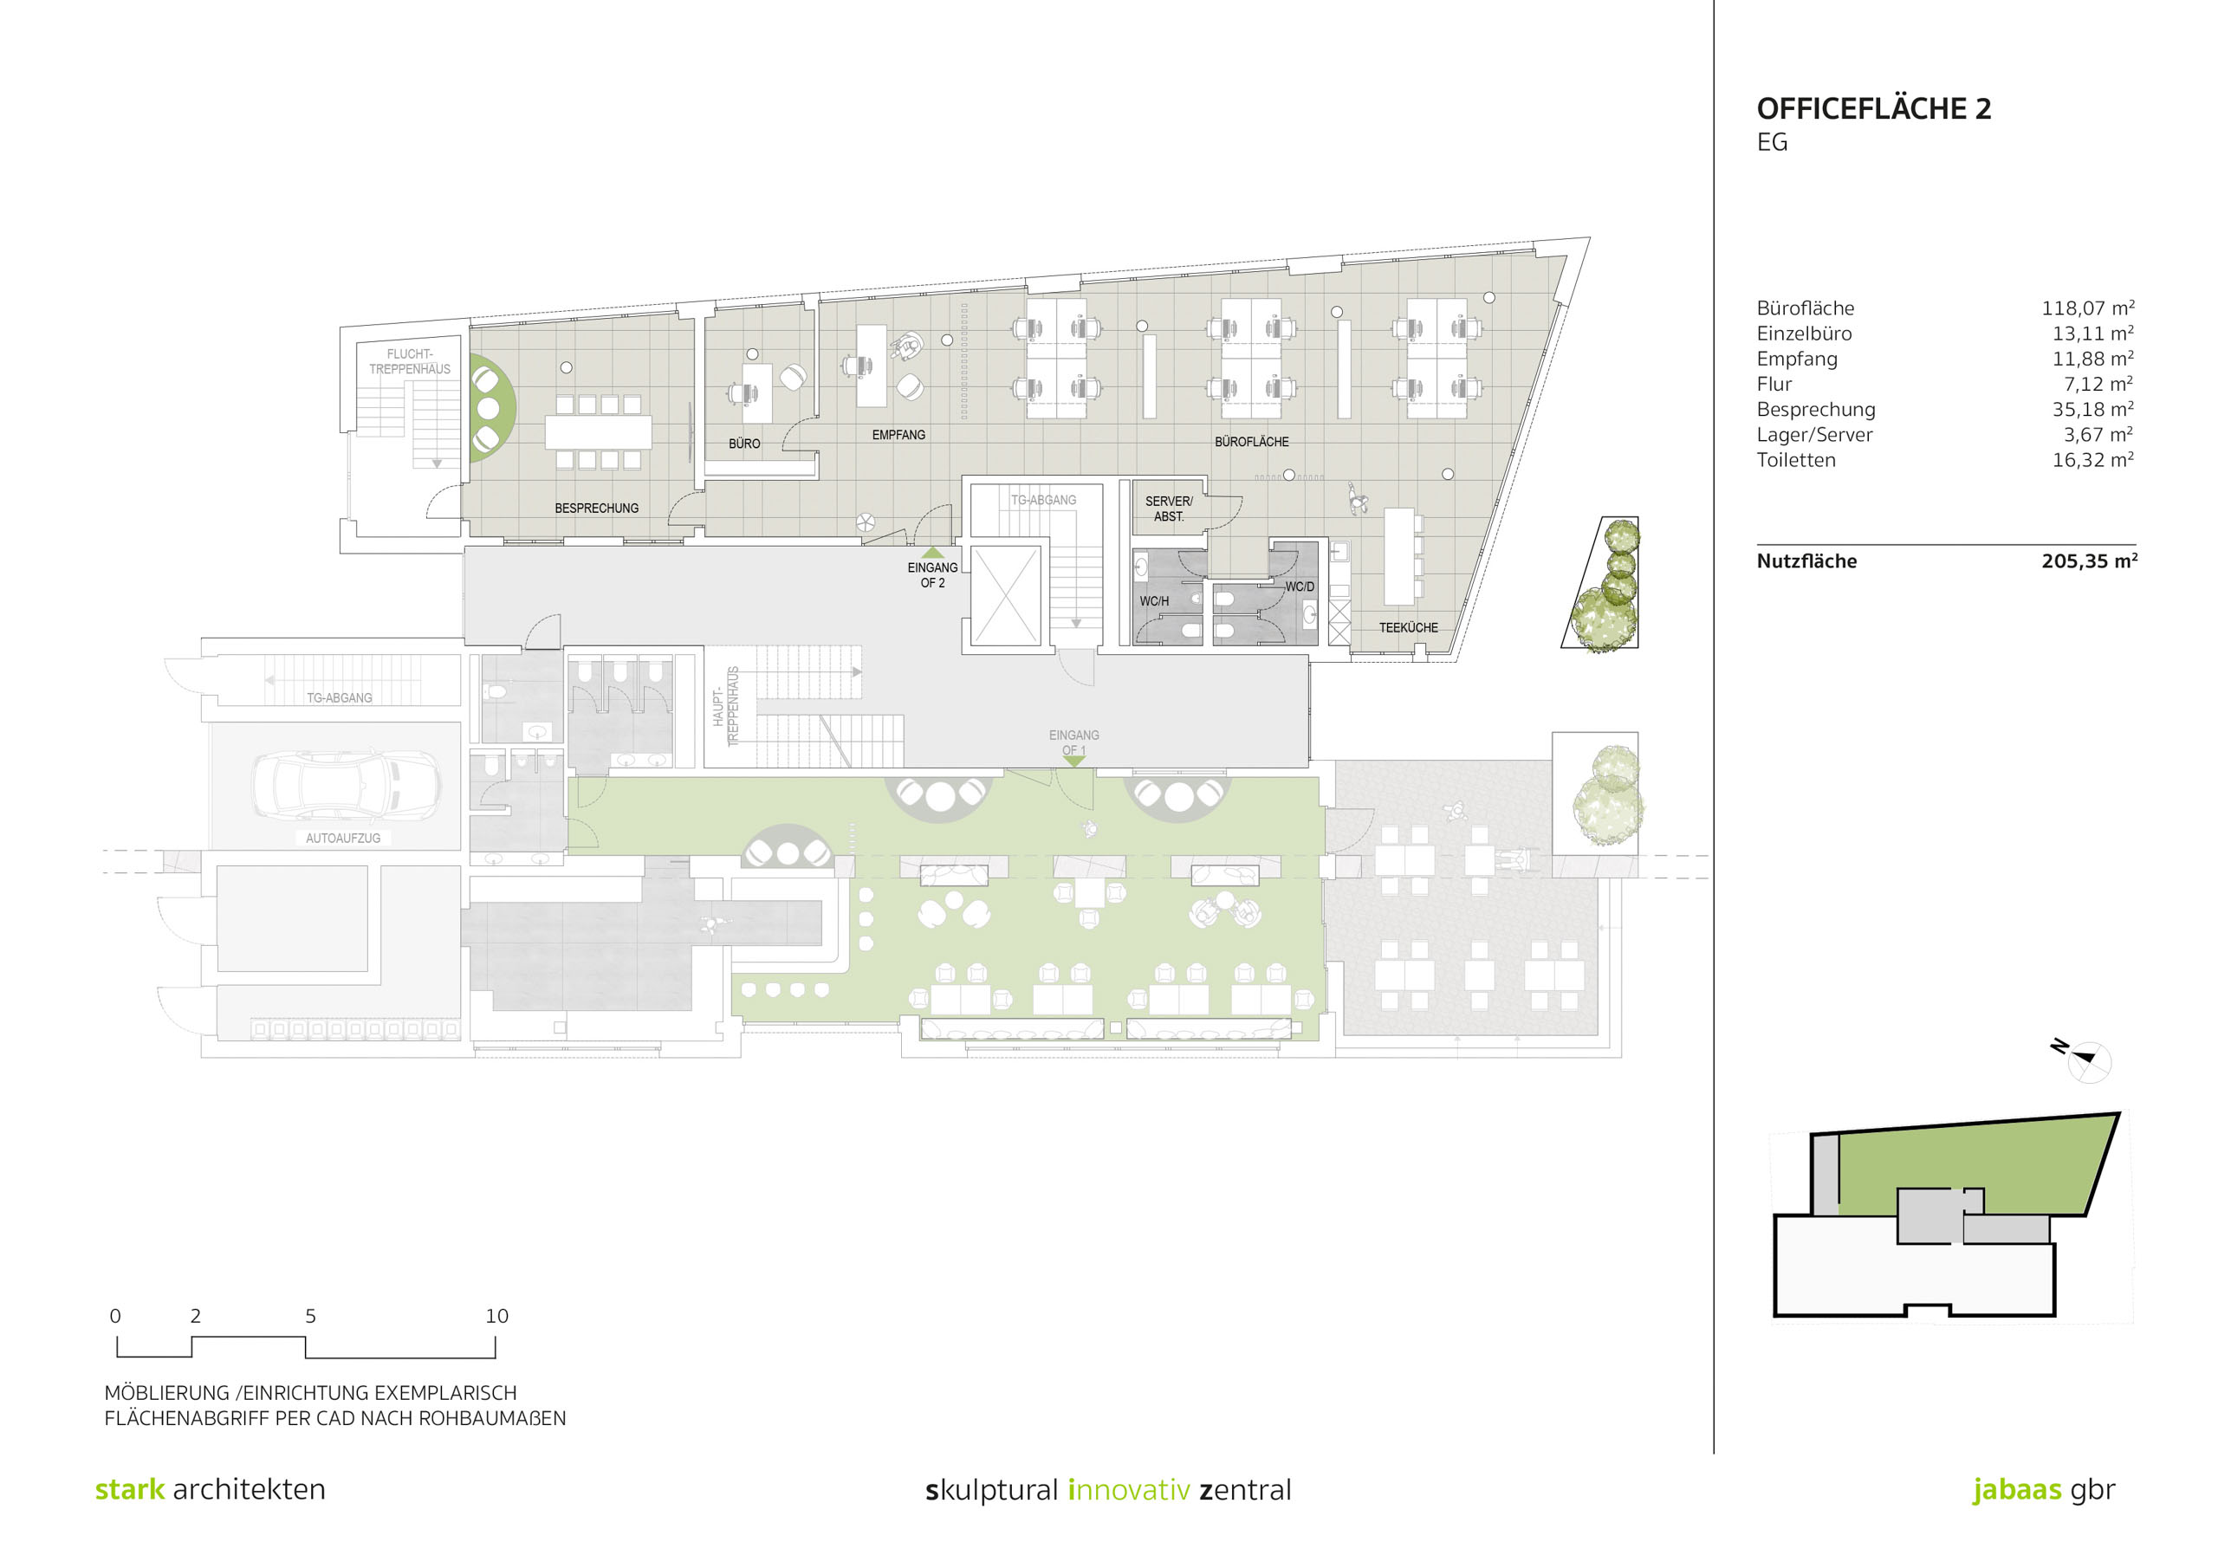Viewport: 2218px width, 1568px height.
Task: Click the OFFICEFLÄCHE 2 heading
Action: (1873, 108)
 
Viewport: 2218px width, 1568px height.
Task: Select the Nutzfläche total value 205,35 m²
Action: (2089, 560)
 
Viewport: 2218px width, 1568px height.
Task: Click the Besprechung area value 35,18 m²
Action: (2092, 409)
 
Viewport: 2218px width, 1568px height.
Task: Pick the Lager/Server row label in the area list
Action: (1814, 435)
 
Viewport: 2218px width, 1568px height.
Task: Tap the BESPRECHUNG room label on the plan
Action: (596, 509)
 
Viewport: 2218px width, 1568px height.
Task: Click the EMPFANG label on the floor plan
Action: (898, 435)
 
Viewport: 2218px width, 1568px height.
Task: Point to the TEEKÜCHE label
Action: (1408, 628)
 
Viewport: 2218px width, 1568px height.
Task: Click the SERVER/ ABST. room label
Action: (1169, 509)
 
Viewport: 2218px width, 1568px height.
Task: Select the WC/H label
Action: (1153, 601)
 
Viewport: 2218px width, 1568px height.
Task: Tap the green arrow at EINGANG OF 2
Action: (932, 553)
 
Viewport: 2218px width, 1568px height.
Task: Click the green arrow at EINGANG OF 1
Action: (1073, 761)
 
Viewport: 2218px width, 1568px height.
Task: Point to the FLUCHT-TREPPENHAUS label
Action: (410, 361)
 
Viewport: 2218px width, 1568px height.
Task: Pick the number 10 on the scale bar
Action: (496, 1316)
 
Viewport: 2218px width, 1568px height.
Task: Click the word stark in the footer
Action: (129, 1489)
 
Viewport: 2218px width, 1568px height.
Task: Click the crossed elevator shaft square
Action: (1005, 595)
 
